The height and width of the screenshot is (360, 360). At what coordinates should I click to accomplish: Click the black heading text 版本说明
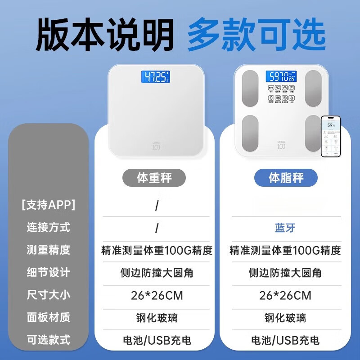pyautogui.click(x=104, y=35)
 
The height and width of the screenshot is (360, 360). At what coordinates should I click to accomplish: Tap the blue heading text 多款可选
pyautogui.click(x=256, y=35)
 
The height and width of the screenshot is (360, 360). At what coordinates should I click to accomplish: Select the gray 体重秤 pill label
pyautogui.click(x=154, y=178)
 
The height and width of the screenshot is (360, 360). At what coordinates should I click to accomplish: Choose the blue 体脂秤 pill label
pyautogui.click(x=286, y=178)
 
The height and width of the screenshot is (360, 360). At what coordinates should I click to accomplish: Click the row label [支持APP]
pyautogui.click(x=48, y=205)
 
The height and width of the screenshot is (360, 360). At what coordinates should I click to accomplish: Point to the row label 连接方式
pyautogui.click(x=48, y=227)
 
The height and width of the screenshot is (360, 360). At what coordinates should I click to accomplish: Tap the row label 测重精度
pyautogui.click(x=48, y=250)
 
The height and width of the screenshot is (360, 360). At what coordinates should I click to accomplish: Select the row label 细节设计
pyautogui.click(x=48, y=272)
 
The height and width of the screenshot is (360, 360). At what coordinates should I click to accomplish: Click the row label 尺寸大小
pyautogui.click(x=48, y=295)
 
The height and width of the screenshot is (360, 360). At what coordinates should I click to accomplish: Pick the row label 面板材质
pyautogui.click(x=48, y=318)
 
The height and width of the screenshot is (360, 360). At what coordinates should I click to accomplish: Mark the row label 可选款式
pyautogui.click(x=48, y=340)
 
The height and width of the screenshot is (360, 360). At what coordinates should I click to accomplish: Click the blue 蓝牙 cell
pyautogui.click(x=285, y=228)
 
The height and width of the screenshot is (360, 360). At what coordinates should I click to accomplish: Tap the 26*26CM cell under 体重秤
pyautogui.click(x=157, y=296)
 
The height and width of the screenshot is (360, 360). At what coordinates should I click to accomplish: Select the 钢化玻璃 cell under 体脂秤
pyautogui.click(x=285, y=318)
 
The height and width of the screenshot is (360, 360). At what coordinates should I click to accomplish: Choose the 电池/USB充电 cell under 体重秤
pyautogui.click(x=157, y=340)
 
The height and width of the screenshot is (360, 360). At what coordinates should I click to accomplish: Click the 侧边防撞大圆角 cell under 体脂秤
pyautogui.click(x=285, y=273)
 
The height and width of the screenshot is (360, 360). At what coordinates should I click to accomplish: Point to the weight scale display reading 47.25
pyautogui.click(x=156, y=76)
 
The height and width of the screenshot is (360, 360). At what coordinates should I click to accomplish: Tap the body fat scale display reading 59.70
pyautogui.click(x=281, y=76)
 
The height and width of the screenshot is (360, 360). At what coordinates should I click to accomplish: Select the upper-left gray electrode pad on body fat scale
pyautogui.click(x=250, y=87)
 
